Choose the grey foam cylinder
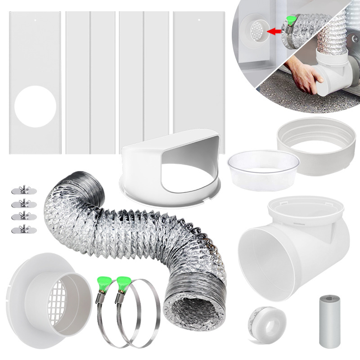point(330,320)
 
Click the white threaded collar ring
point(315,146)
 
